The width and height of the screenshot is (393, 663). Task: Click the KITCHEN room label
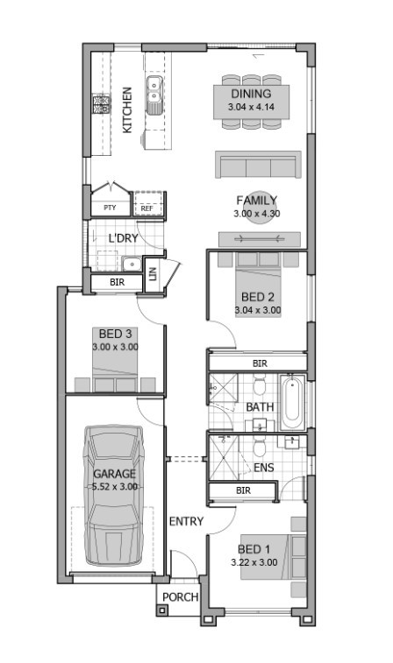pyautogui.click(x=127, y=109)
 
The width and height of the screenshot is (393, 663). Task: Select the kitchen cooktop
pyautogui.click(x=99, y=105)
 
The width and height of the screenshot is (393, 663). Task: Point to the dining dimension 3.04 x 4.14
pyautogui.click(x=250, y=107)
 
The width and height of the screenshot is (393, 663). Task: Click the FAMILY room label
pyautogui.click(x=256, y=200)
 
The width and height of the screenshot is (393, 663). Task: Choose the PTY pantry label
pyautogui.click(x=110, y=208)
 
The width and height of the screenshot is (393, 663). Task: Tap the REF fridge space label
pyautogui.click(x=146, y=208)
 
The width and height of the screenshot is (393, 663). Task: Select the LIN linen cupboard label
pyautogui.click(x=154, y=273)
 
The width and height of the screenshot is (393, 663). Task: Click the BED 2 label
pyautogui.click(x=258, y=296)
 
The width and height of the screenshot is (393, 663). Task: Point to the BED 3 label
pyautogui.click(x=115, y=335)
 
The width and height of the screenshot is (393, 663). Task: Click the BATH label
pyautogui.click(x=260, y=408)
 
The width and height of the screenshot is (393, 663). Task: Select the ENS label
pyautogui.click(x=263, y=468)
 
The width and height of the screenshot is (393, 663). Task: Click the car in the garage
pyautogui.click(x=113, y=496)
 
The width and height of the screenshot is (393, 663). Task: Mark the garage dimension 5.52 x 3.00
pyautogui.click(x=114, y=487)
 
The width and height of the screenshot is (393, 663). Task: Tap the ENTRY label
pyautogui.click(x=186, y=521)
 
